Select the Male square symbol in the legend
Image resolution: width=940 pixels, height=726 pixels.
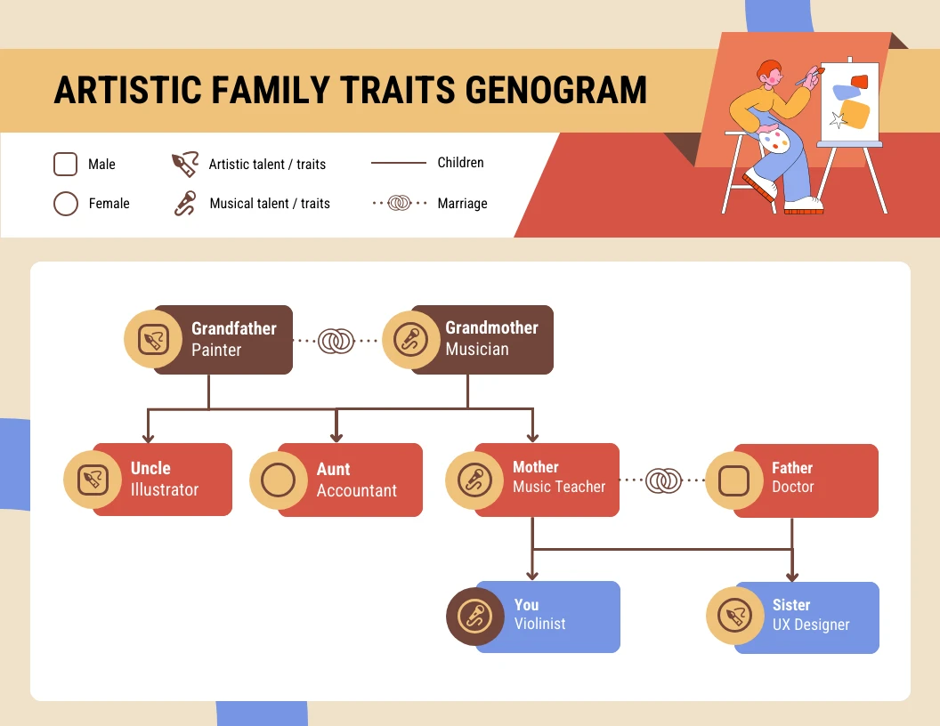[x=66, y=165]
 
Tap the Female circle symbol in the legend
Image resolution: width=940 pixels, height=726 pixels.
[x=66, y=204]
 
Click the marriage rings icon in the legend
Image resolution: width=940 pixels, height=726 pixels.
[x=400, y=204]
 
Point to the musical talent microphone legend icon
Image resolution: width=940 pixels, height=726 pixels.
[x=184, y=204]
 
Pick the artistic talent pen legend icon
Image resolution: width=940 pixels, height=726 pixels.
[x=184, y=165]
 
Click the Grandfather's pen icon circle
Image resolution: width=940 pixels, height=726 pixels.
[x=153, y=340]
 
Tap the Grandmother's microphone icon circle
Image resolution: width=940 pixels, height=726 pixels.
[x=411, y=340]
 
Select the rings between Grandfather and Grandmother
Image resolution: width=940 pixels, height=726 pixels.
[x=336, y=340]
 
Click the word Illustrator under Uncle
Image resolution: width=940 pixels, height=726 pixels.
[x=165, y=489]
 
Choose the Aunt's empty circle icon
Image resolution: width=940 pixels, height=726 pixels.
[x=279, y=480]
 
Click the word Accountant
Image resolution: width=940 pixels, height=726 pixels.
[x=357, y=490]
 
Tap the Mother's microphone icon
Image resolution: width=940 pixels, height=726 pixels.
[x=474, y=480]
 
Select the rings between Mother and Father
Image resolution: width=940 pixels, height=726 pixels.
[x=662, y=480]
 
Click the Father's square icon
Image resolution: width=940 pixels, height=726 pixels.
[x=734, y=480]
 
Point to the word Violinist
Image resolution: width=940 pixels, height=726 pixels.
[x=539, y=624]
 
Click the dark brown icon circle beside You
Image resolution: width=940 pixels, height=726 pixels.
[x=474, y=617]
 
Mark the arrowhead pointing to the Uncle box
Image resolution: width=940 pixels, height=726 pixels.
[x=149, y=437]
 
